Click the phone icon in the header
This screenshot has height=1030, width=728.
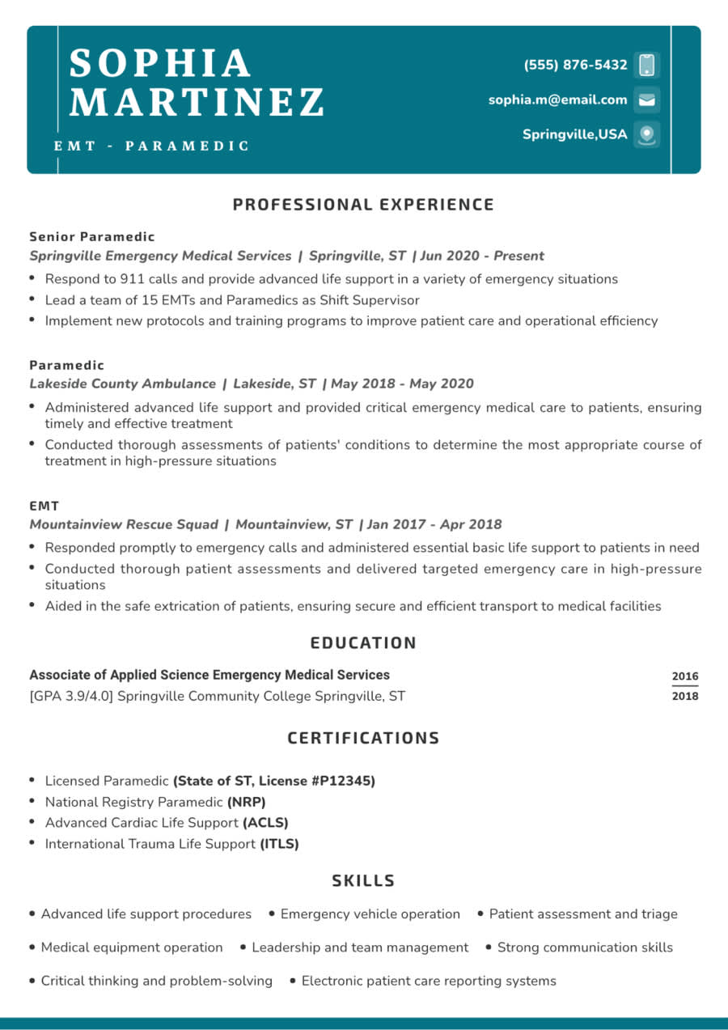pos(646,65)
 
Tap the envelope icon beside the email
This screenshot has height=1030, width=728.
pos(646,100)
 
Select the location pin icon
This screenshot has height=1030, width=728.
pos(646,134)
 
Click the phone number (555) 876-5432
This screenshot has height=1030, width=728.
pos(575,65)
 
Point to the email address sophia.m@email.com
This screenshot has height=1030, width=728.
pos(557,100)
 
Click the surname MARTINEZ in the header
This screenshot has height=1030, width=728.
pos(197,103)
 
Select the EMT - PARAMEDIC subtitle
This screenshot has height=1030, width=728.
pos(152,146)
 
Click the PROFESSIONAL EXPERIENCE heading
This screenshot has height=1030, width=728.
pos(363,205)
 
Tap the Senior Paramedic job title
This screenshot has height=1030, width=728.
pos(92,237)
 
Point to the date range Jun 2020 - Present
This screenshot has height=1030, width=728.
pos(482,256)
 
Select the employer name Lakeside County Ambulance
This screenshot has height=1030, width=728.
pos(123,384)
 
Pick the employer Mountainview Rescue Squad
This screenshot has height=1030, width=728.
pos(124,524)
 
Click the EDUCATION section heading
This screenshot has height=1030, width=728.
pos(363,643)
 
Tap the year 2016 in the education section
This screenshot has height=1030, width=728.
pos(684,676)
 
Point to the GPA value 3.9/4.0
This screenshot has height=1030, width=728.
pos(87,696)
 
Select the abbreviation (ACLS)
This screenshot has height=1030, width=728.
pos(265,823)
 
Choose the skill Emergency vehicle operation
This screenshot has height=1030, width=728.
pos(370,914)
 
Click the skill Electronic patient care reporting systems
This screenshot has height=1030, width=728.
pos(429,981)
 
